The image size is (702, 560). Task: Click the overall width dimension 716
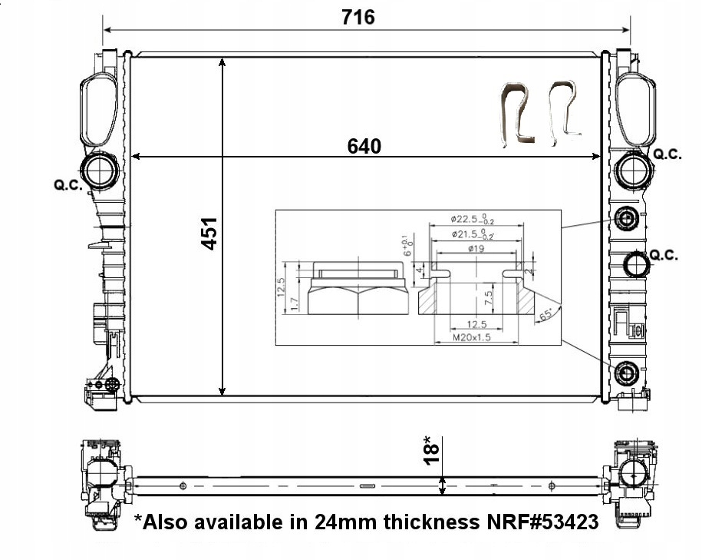tap(358, 16)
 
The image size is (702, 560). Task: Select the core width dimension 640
tap(364, 146)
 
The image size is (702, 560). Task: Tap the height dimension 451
tap(209, 233)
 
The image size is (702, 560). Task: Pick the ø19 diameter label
tap(476, 247)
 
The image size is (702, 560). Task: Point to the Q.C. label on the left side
tap(68, 185)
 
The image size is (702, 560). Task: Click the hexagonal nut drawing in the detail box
tap(358, 293)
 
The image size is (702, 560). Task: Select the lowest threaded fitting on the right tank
tap(628, 374)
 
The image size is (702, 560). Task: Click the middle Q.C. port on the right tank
tap(636, 265)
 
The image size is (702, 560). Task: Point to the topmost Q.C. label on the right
tap(666, 154)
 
